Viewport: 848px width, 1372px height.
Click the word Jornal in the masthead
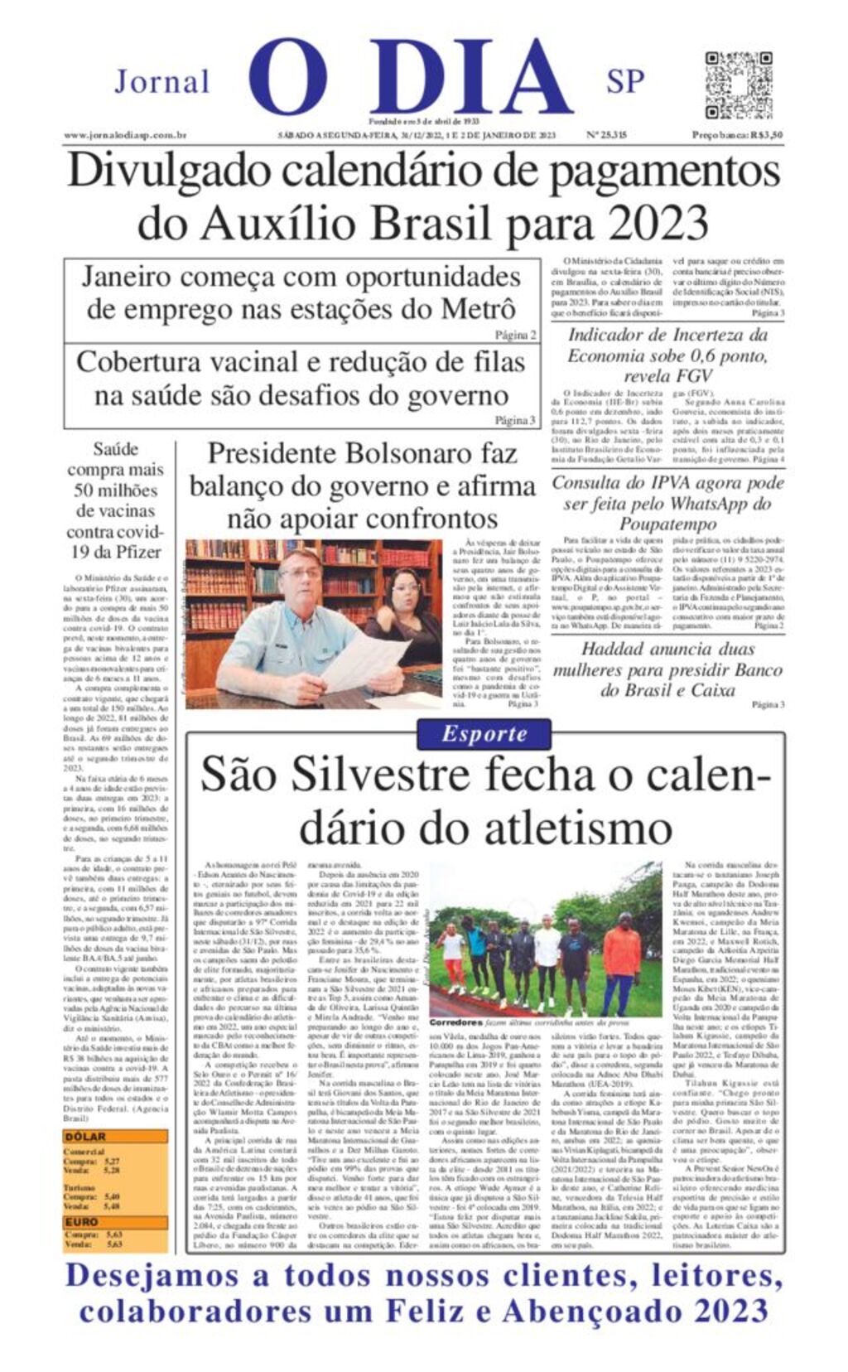click(x=161, y=82)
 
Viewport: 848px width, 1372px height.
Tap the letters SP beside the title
click(x=625, y=81)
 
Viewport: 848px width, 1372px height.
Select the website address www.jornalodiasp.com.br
click(x=125, y=135)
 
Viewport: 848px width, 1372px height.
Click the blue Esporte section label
click(x=484, y=733)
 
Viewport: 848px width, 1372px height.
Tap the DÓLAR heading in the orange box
click(x=86, y=1137)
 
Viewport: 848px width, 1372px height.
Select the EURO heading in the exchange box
click(x=83, y=1222)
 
